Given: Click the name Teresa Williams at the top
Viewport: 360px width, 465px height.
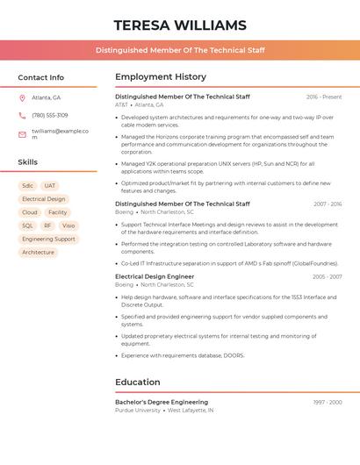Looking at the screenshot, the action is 180,25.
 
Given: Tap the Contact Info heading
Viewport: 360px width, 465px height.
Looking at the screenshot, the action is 40,77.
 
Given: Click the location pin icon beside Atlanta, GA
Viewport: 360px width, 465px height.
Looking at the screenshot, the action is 22,97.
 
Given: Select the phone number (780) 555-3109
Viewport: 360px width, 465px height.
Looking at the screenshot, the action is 50,115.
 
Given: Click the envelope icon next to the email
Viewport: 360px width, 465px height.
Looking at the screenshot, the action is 22,134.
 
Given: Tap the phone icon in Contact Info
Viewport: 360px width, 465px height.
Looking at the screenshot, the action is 22,115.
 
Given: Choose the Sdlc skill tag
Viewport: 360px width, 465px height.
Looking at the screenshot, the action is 27,186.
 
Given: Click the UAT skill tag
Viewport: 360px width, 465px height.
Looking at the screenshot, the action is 50,186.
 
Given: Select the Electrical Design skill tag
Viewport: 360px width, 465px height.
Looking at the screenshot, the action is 44,199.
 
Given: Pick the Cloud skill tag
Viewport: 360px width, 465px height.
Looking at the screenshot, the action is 30,212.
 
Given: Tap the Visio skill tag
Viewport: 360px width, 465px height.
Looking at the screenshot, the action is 68,225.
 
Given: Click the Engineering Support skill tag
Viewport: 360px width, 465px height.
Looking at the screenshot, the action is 48,239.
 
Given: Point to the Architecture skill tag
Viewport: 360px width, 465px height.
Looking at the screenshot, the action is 38,252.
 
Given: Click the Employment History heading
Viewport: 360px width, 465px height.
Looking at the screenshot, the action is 161,77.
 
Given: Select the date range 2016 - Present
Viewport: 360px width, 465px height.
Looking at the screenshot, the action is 324,97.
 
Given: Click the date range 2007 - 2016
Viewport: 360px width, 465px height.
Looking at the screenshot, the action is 328,204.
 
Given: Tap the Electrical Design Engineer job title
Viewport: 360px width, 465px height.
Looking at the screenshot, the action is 155,276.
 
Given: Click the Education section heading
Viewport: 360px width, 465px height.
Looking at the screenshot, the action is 138,383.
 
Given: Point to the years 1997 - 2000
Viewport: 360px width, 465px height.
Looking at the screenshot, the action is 328,402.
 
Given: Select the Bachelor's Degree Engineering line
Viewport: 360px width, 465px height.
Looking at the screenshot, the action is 162,402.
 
